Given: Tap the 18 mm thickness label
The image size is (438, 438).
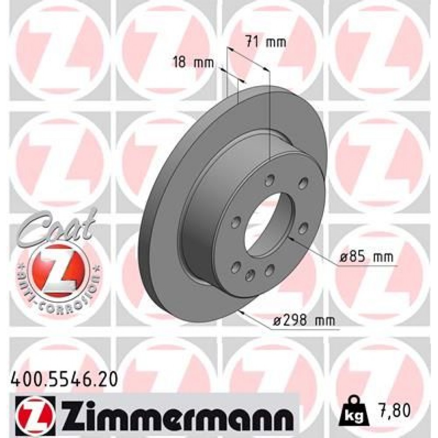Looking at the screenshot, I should pyautogui.click(x=194, y=63).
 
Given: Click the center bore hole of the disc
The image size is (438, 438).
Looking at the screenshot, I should pyautogui.click(x=267, y=228).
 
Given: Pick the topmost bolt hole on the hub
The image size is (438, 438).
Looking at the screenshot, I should pyautogui.click(x=270, y=180).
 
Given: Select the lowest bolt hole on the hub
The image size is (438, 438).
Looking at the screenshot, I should pyautogui.click(x=250, y=275).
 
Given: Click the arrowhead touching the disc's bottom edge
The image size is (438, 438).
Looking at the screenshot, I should pyautogui.click(x=240, y=312).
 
